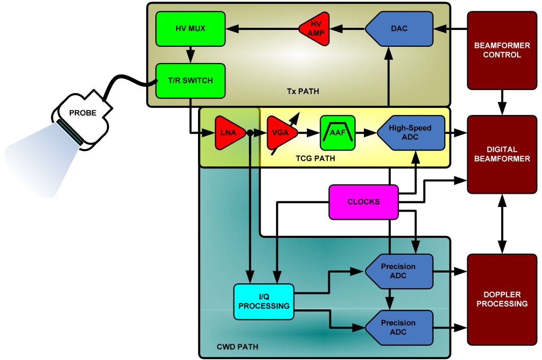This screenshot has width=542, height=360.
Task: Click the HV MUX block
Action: point(190,28)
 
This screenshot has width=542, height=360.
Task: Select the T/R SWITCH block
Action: point(190,80)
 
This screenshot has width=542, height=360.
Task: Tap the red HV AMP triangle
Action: point(314,28)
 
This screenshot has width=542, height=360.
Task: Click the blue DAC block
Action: point(399,28)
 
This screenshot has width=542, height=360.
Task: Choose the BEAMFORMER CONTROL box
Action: point(502,50)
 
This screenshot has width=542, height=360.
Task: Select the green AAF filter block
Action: point(338,133)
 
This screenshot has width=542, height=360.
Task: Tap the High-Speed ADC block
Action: point(411,133)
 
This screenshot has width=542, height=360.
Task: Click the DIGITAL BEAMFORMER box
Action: point(502,154)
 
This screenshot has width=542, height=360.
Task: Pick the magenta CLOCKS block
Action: point(364,202)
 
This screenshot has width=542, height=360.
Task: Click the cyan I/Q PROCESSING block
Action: point(264,302)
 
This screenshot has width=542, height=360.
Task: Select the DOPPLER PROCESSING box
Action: point(502,299)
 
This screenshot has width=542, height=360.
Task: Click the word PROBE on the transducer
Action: point(82,113)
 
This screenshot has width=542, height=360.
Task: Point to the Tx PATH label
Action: point(303,92)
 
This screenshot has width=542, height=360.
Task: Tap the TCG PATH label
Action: point(315,159)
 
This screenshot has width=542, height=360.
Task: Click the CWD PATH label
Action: point(238,347)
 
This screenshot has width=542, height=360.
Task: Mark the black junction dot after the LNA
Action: point(249,133)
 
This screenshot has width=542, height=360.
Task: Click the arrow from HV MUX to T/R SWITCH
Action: point(190,55)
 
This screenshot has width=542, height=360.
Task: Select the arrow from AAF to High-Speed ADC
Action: point(366,133)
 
